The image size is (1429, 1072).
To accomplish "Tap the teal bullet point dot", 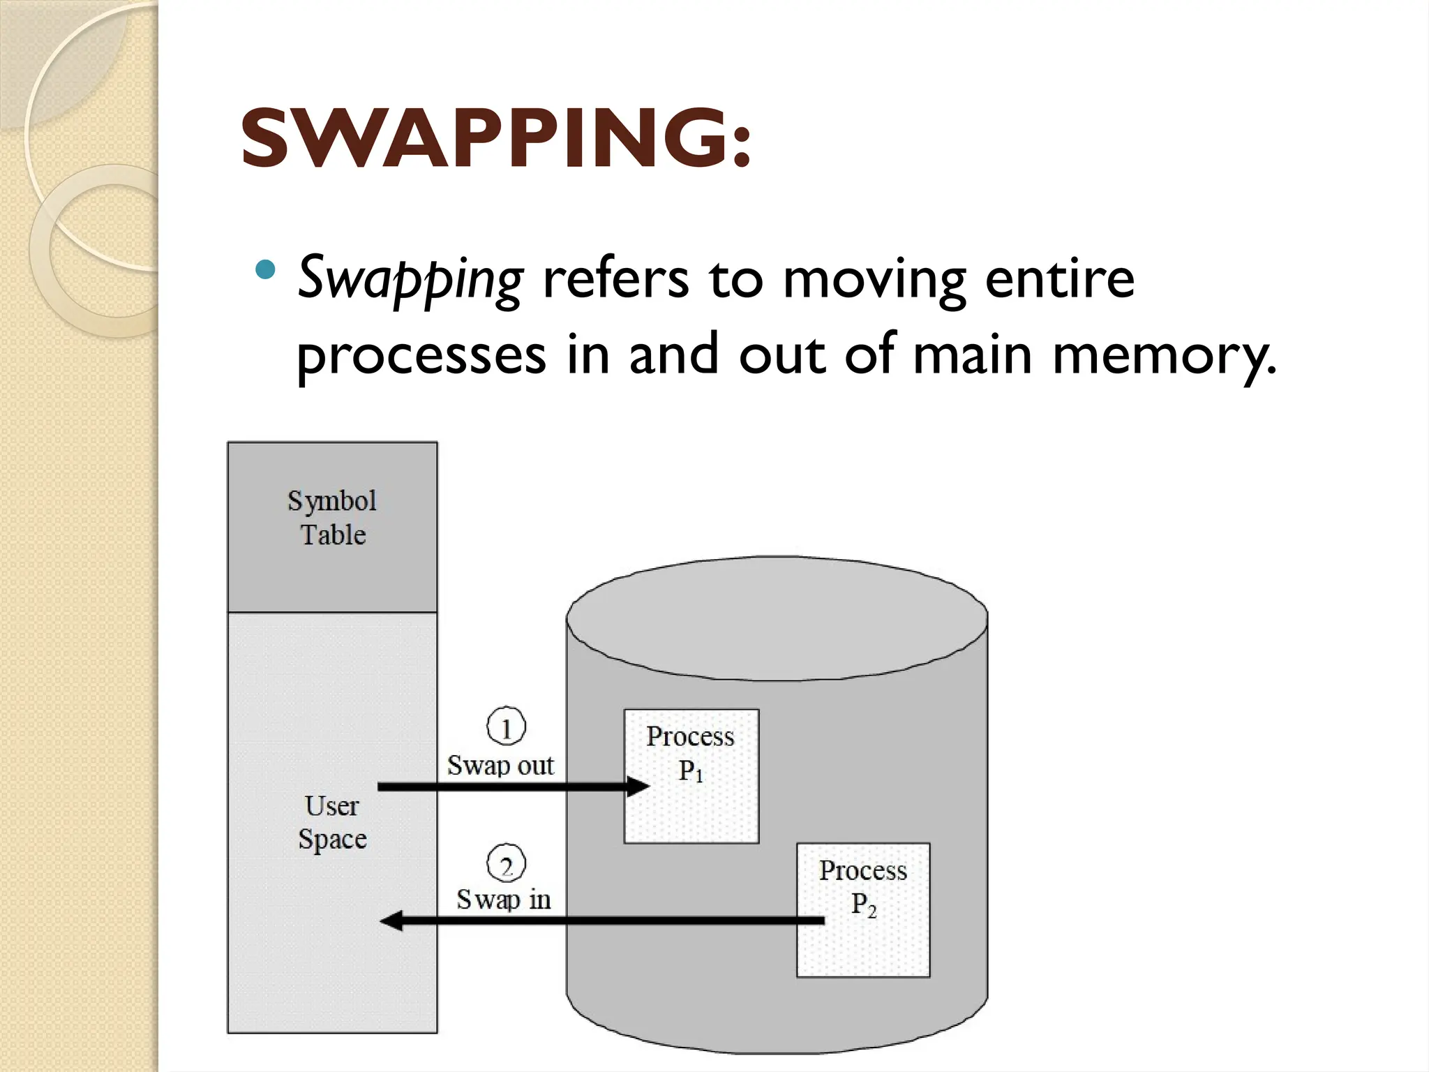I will pos(266,269).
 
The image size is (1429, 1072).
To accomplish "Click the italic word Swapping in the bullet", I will pos(410,280).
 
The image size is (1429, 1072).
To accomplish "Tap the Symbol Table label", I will pos(332,517).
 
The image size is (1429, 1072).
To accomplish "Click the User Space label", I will pos(332,822).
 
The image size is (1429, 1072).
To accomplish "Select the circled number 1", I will pos(506,727).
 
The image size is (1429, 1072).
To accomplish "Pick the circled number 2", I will pos(506,865).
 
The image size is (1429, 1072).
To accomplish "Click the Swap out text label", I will pos(500,766).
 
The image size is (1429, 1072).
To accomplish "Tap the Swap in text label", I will pos(503,900).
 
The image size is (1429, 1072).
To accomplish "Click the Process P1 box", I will pos(691,775).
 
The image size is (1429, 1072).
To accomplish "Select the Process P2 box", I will pos(863,909).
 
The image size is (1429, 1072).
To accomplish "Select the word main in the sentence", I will pos(972,355).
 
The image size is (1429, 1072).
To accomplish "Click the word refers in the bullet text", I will pos(615,278).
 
